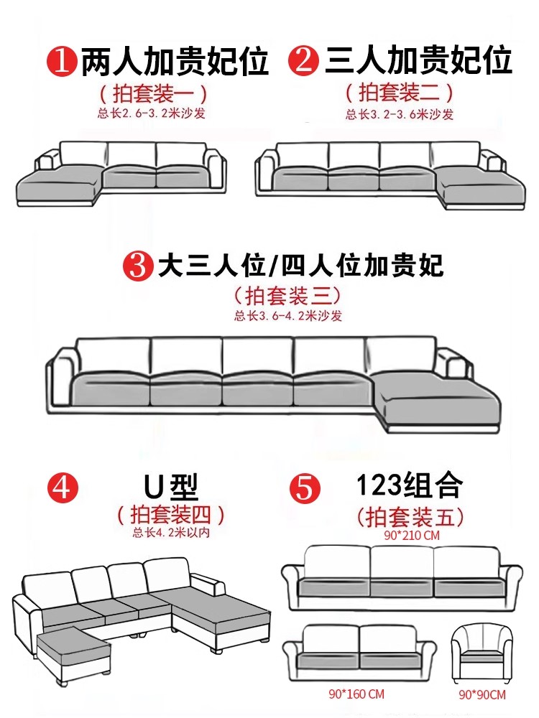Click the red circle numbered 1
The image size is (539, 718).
coord(63,61)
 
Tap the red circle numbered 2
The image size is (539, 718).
coord(303,60)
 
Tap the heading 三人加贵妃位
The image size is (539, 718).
coord(419,60)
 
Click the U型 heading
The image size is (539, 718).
coord(171,488)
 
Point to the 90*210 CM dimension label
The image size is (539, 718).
coord(411,535)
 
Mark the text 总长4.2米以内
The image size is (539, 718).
coord(171,532)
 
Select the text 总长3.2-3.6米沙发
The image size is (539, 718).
coord(399,114)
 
